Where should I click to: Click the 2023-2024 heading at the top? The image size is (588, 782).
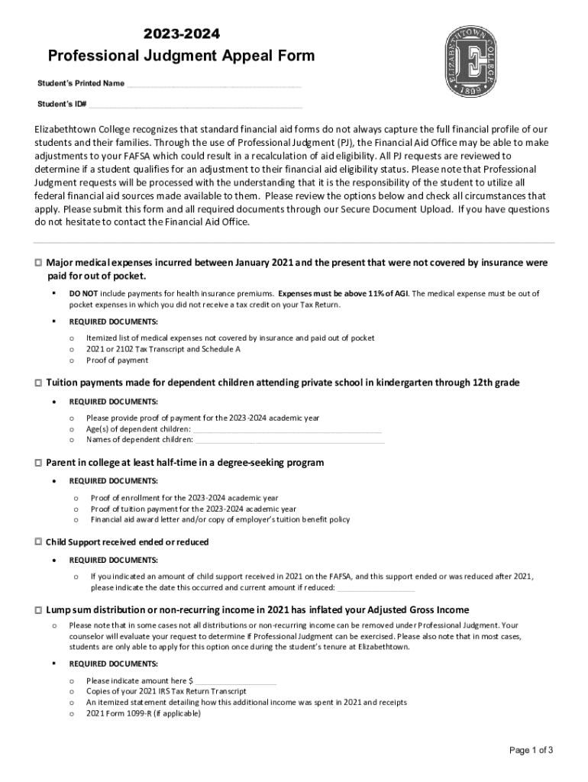182,34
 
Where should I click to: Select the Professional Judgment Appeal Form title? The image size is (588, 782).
181,57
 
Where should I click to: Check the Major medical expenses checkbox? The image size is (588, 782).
38,263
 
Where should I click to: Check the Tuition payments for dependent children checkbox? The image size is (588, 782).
38,382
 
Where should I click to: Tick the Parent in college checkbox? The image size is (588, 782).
38,463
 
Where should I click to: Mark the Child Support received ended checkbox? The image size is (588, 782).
38,542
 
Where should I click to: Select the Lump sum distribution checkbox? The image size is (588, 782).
38,610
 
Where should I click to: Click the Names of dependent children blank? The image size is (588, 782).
289,440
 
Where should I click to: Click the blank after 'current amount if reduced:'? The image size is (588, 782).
376,588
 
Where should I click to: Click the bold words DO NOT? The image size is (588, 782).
82,293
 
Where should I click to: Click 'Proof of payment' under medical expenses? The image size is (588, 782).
117,360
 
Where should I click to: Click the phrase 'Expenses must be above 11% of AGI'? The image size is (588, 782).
343,293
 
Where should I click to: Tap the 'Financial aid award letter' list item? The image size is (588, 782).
220,519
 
